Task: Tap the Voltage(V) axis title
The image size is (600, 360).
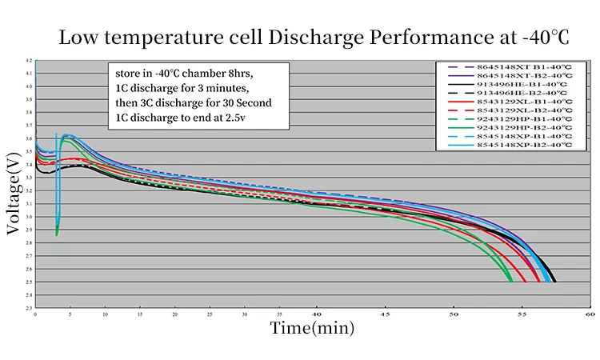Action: (x=14, y=195)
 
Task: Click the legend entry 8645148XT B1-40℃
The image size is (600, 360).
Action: (x=524, y=66)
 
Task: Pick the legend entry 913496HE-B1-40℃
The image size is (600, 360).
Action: (x=523, y=84)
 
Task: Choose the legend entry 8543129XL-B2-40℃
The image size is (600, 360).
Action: (x=524, y=110)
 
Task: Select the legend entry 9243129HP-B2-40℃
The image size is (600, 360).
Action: (x=524, y=128)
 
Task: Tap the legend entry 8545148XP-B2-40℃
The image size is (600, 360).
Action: (x=524, y=146)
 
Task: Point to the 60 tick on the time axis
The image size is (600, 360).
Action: (x=590, y=316)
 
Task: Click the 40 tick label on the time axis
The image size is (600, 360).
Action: (x=317, y=316)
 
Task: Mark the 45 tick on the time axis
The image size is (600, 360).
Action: (x=385, y=316)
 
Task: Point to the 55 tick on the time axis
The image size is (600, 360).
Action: (x=522, y=316)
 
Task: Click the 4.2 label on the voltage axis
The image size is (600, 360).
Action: (x=29, y=61)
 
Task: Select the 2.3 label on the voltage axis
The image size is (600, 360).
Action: (x=29, y=307)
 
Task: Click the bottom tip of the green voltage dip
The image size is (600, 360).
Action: (x=57, y=234)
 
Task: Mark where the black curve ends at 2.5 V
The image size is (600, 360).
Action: (x=554, y=282)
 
